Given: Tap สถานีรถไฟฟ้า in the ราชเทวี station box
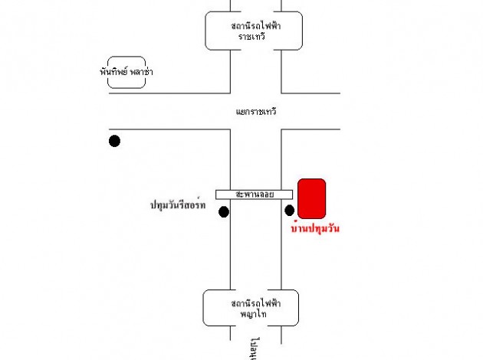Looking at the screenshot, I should pos(255,25).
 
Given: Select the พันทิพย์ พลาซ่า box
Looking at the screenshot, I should pos(127,71).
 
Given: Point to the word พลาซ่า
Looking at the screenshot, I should pos(140,71).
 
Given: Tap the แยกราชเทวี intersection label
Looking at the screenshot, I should pos(256,112).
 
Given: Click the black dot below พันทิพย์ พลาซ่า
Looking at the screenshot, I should pos(114,140).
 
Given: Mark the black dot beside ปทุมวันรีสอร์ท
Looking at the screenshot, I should pos(224,211).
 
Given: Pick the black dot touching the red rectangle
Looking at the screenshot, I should pos(290,210).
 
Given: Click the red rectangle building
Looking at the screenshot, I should pos(312,198).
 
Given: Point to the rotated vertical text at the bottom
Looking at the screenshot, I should pos(252,349).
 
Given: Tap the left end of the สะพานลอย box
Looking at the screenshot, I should pos(218,195).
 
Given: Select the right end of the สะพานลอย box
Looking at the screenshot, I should pos(291,195).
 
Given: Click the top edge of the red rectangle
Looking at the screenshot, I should pos(312,179).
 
